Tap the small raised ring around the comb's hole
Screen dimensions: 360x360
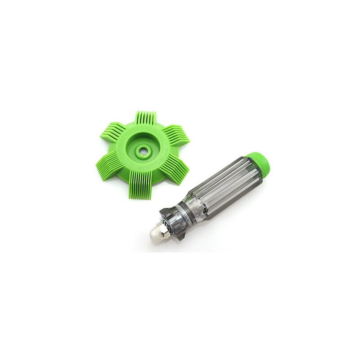tap(147, 152)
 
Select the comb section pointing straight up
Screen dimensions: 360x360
tap(146, 118)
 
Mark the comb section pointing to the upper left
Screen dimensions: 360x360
tap(112, 130)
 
